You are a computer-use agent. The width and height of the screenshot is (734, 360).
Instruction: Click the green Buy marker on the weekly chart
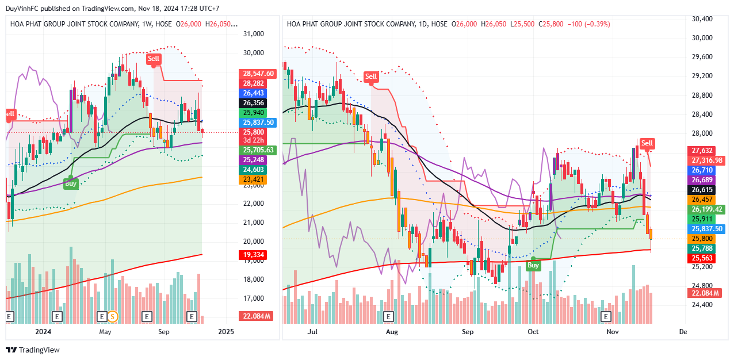(x=71, y=183)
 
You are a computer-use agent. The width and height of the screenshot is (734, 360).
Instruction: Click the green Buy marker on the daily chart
(x=533, y=265)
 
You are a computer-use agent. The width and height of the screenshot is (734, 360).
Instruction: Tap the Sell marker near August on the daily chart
(x=371, y=76)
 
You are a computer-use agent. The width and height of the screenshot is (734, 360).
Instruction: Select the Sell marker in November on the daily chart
(x=647, y=143)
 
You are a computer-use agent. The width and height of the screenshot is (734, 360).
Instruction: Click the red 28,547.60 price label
(x=258, y=74)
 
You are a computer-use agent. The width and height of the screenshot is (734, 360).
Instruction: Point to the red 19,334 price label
(x=254, y=254)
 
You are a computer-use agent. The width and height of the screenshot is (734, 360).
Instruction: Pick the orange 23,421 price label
(x=254, y=180)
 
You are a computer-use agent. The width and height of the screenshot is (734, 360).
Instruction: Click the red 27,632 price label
(x=702, y=151)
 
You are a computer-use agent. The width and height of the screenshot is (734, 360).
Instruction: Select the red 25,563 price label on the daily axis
(x=702, y=258)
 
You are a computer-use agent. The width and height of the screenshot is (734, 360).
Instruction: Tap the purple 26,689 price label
(x=702, y=180)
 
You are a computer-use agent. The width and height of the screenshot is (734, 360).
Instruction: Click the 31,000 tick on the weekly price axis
(x=254, y=34)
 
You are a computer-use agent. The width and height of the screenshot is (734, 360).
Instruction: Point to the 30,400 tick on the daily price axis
(x=702, y=19)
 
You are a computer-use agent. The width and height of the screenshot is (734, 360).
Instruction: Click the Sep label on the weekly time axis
(x=163, y=332)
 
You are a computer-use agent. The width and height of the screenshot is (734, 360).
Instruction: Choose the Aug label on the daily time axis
(x=392, y=332)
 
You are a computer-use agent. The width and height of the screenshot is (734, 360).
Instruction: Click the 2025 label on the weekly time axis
(x=226, y=332)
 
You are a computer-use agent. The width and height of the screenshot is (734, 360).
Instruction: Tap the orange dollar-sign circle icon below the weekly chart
(x=113, y=316)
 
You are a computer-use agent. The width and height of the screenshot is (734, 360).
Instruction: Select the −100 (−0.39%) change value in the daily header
(x=588, y=24)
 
